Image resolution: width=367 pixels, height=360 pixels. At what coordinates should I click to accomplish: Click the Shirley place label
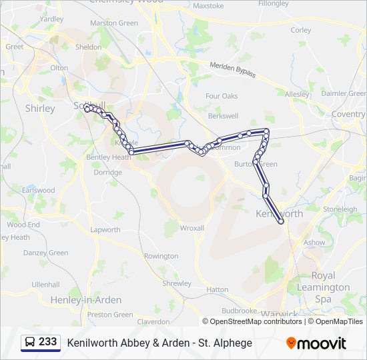point(39,108)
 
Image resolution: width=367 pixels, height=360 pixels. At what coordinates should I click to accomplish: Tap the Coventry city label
point(348,114)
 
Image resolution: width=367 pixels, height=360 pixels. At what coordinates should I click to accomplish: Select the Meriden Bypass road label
point(233,69)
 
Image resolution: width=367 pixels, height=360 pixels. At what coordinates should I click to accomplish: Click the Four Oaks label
point(222,96)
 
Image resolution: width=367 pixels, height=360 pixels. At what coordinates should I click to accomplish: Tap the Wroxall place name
point(192,228)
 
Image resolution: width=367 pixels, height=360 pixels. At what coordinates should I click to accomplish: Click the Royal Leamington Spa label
point(332,287)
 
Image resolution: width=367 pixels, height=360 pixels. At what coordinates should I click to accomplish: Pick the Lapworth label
point(105,229)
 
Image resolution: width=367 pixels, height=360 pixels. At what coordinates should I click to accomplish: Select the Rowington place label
point(161,256)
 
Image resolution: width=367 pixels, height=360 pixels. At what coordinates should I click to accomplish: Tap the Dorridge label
point(107,172)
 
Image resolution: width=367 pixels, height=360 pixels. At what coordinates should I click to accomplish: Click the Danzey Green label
point(45,253)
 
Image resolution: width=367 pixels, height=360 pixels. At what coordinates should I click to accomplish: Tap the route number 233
point(47,342)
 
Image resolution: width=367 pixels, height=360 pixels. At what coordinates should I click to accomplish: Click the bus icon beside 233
point(31,343)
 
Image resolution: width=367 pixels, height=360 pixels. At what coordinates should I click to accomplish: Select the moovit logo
point(316,343)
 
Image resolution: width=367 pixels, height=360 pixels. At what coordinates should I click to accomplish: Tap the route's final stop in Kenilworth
point(281,223)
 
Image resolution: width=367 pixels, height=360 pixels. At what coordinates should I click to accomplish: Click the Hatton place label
point(218,289)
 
